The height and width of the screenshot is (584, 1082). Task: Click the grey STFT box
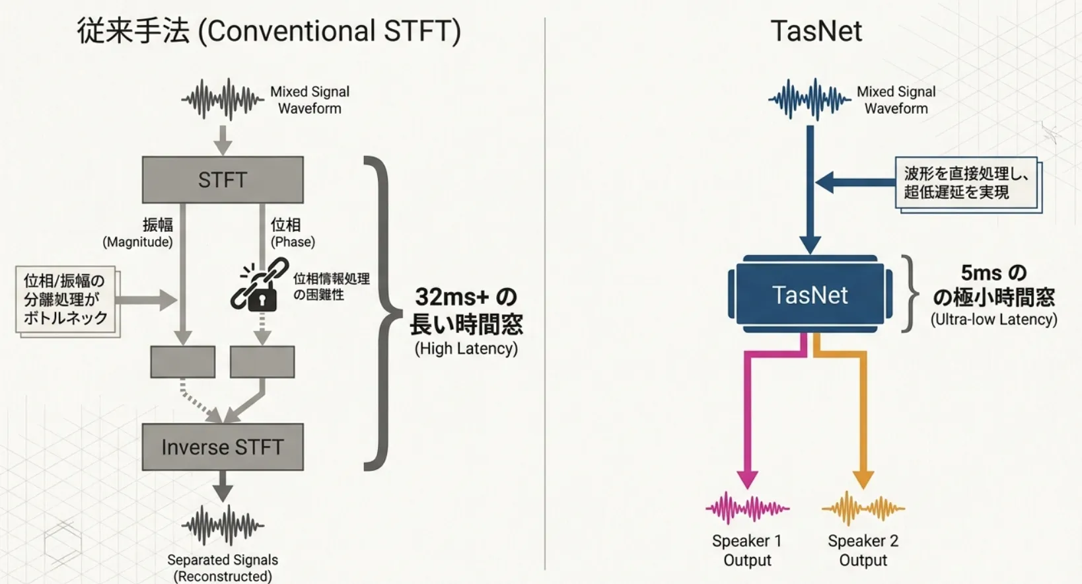click(223, 180)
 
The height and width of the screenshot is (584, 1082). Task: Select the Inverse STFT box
click(223, 447)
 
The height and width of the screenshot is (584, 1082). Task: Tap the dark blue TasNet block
click(810, 295)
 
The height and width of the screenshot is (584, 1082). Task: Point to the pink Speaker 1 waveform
click(747, 508)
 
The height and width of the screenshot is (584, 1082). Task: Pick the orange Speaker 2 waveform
click(863, 508)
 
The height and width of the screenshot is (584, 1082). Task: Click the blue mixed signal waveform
click(809, 100)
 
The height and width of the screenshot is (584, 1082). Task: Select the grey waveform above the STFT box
click(223, 100)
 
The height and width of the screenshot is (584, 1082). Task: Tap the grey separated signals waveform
click(223, 525)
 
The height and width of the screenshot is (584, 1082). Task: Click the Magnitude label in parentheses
click(137, 242)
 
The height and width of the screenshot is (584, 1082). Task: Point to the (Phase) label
click(293, 242)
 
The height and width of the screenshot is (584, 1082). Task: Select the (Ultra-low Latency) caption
click(993, 320)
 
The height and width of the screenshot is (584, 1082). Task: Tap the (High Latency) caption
click(466, 349)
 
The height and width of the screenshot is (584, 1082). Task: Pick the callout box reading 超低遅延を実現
click(966, 183)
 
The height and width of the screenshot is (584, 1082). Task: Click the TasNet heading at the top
click(816, 31)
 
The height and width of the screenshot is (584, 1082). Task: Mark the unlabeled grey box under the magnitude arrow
click(183, 361)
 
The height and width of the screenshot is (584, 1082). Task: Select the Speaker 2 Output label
click(863, 550)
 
